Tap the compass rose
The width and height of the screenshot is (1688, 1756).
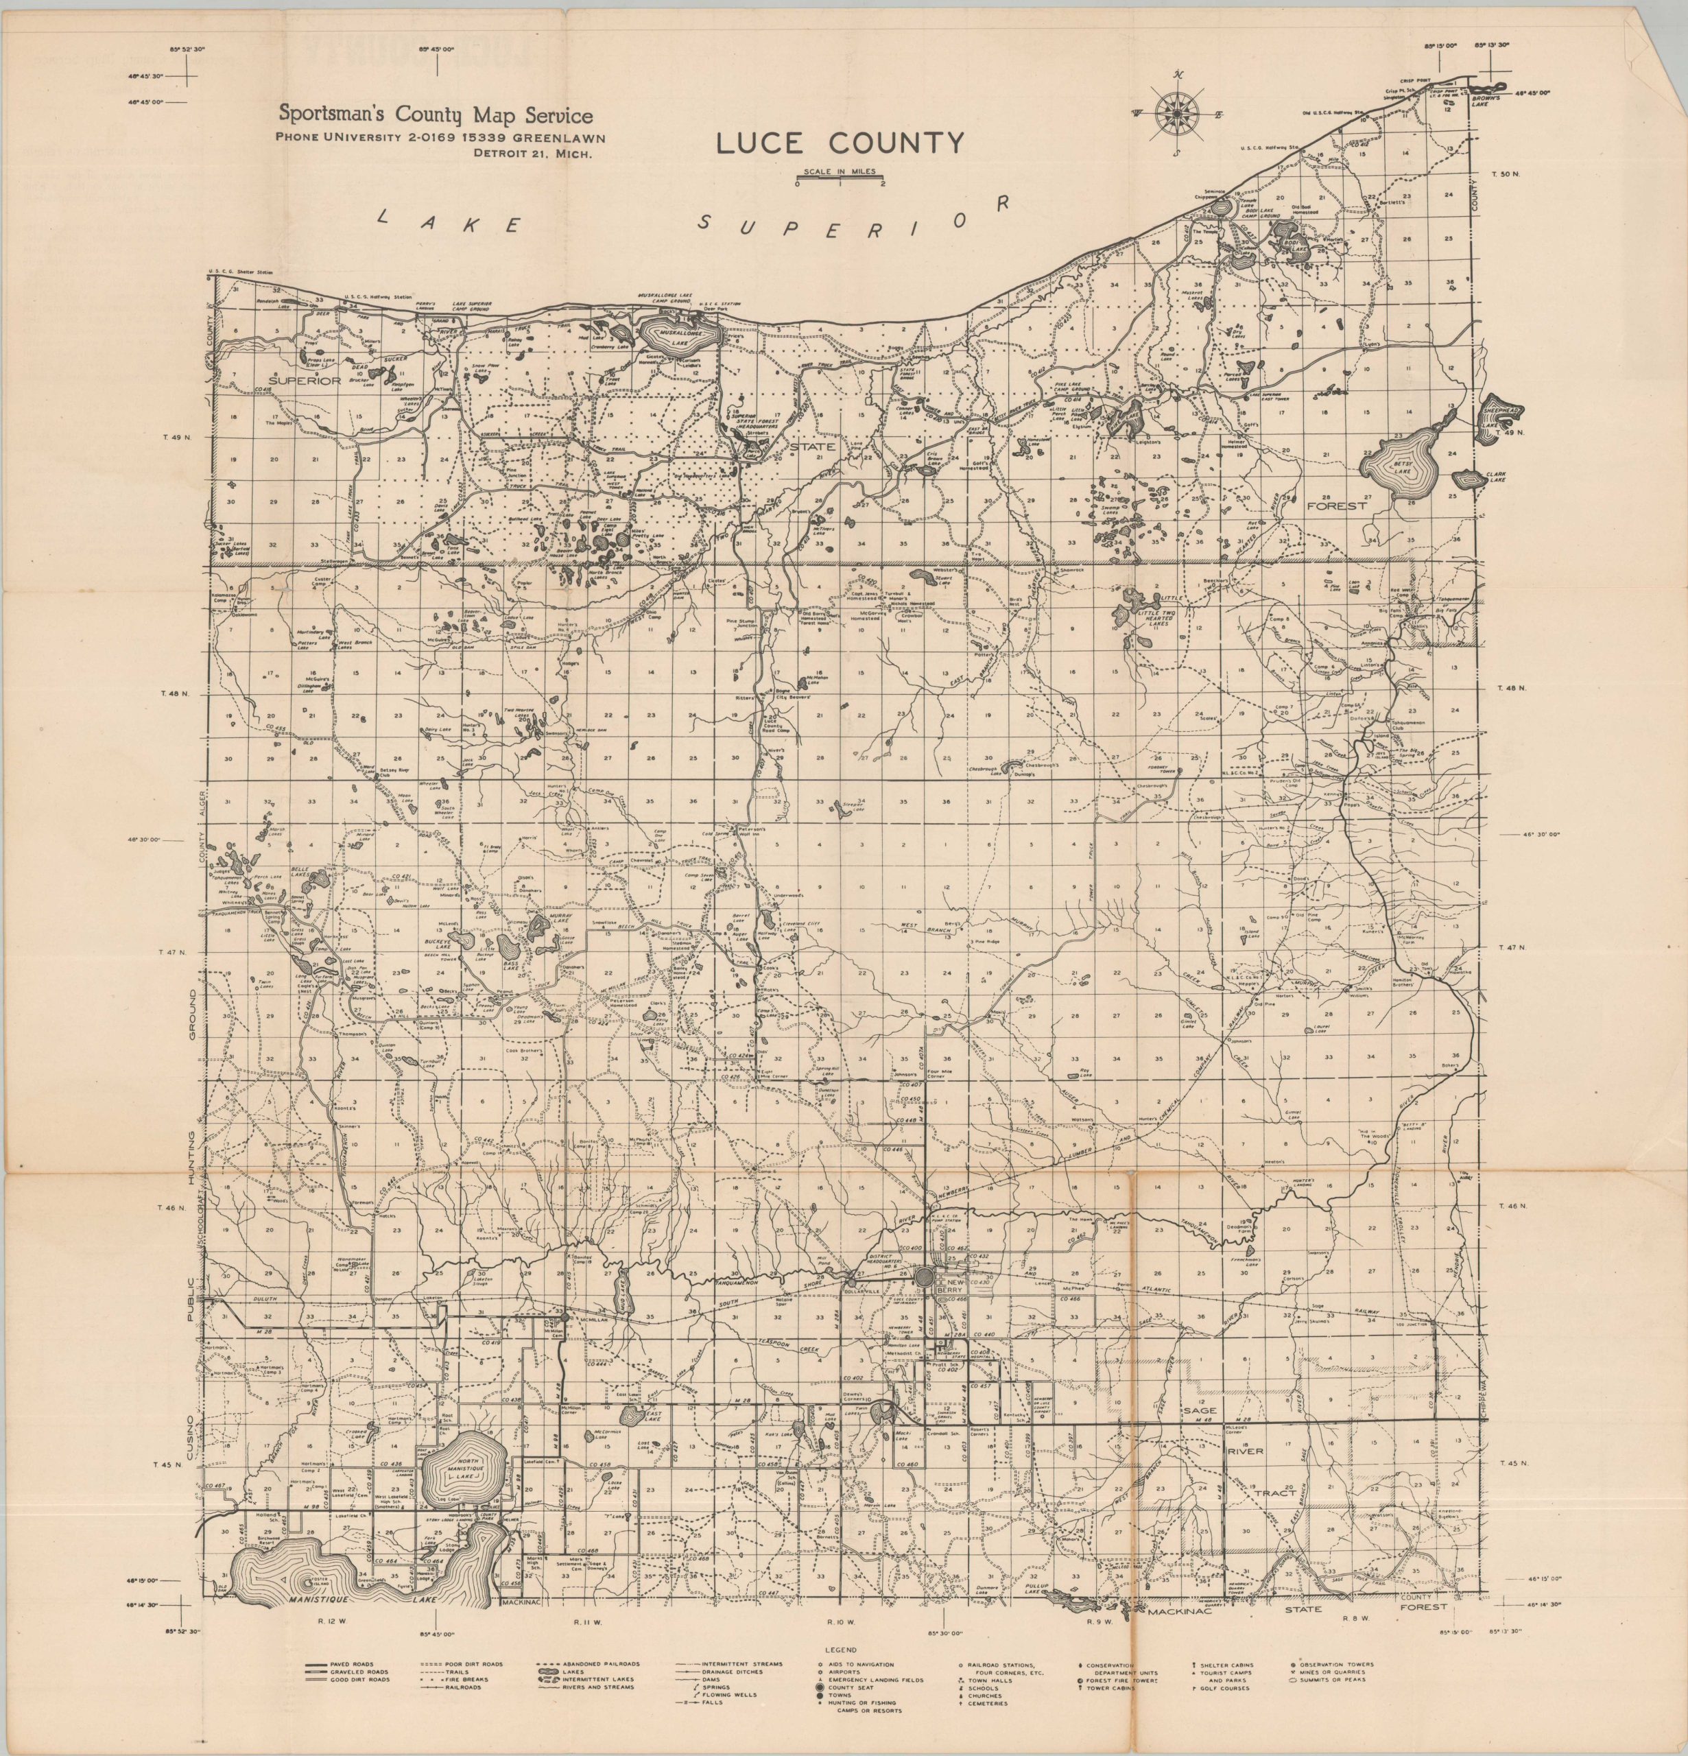[x=1177, y=114]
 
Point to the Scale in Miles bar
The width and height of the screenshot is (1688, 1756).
[x=840, y=176]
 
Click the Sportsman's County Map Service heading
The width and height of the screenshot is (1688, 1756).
[x=436, y=115]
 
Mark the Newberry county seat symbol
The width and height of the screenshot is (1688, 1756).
[x=927, y=1275]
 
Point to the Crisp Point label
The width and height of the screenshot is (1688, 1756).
[x=1430, y=81]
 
